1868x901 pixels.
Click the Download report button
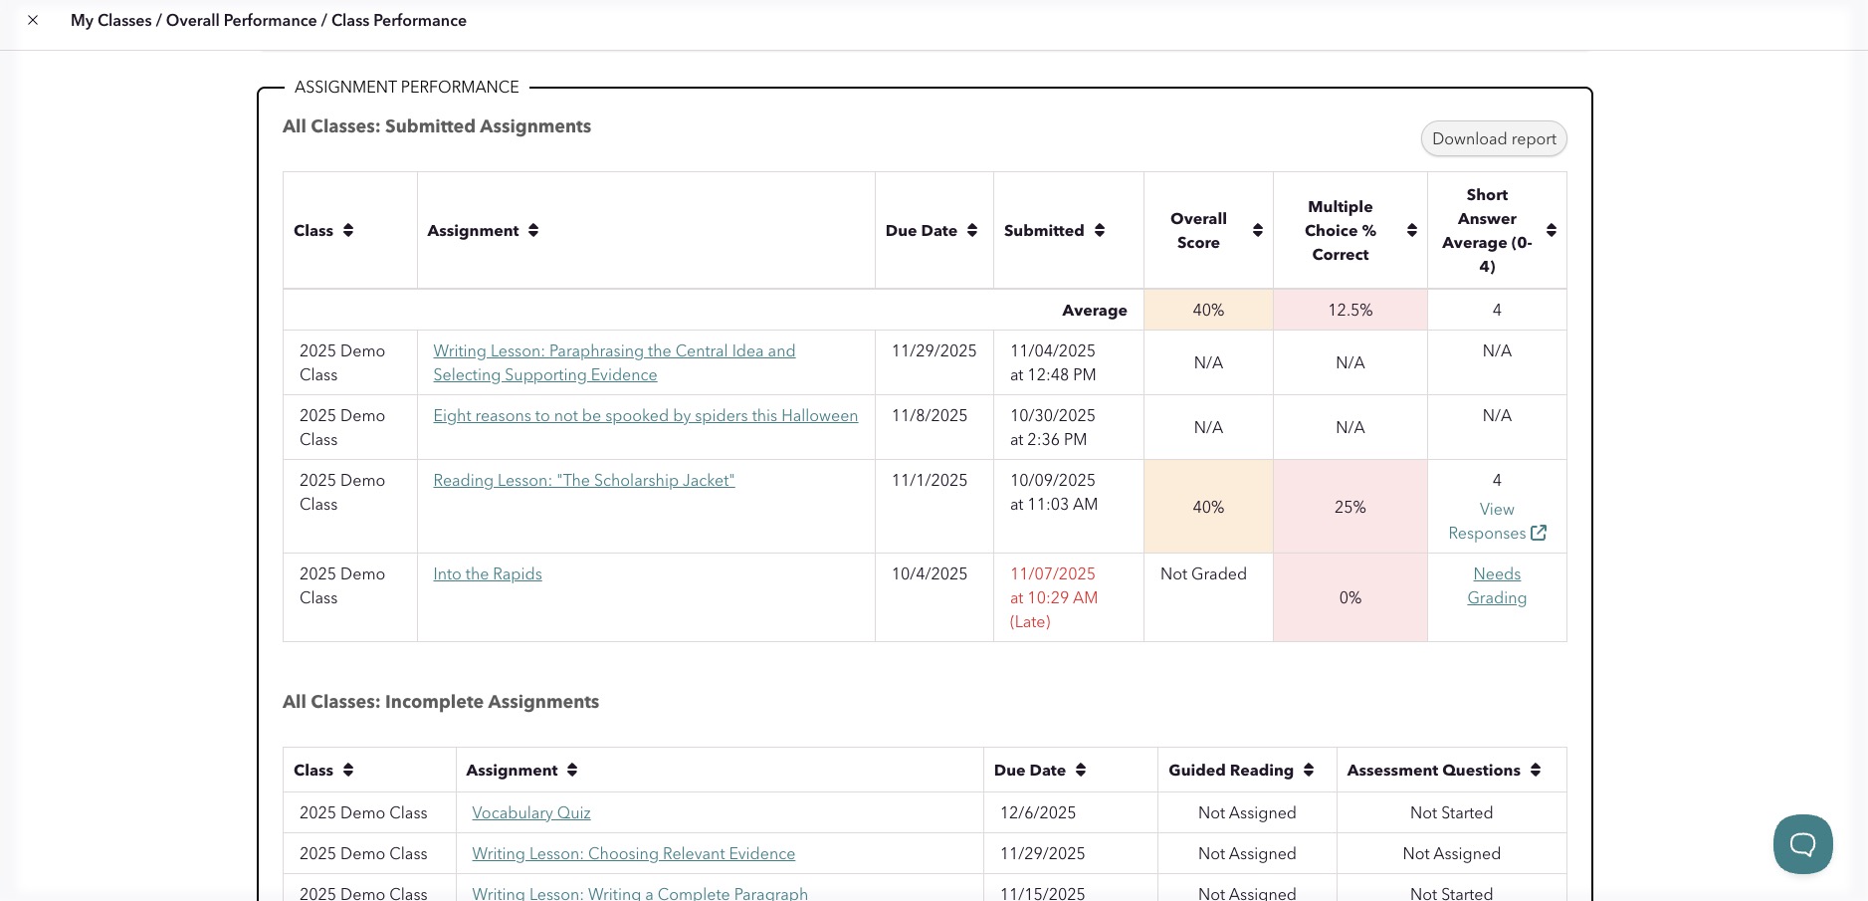[x=1493, y=139]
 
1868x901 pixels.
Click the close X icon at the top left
[x=33, y=20]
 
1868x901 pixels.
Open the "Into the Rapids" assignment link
[x=487, y=574]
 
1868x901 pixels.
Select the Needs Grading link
[x=1496, y=585]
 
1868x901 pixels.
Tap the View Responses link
[x=1496, y=522]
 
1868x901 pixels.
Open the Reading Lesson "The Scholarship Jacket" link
[x=583, y=481]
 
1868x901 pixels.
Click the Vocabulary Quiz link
[x=530, y=813]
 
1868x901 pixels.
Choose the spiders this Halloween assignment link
[x=645, y=416]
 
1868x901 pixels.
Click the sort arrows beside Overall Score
[x=1258, y=231]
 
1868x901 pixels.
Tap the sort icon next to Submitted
[x=1100, y=231]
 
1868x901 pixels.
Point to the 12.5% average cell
[x=1349, y=311]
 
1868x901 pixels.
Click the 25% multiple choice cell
[x=1349, y=508]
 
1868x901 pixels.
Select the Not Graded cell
[x=1203, y=574]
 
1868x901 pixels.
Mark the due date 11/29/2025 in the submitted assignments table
[x=934, y=351]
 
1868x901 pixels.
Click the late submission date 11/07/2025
[x=1052, y=574]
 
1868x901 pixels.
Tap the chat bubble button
[x=1802, y=844]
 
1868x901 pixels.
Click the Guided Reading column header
[x=1231, y=771]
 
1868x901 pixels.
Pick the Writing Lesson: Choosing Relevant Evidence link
[x=633, y=854]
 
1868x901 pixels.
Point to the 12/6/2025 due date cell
[x=1037, y=813]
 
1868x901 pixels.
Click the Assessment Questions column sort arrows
[x=1536, y=771]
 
